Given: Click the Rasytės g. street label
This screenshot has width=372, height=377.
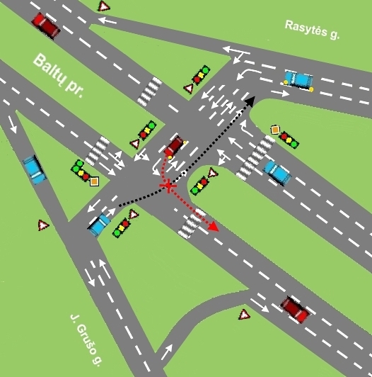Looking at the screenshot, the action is pyautogui.click(x=312, y=30).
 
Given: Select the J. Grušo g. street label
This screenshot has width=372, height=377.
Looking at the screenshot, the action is pyautogui.click(x=86, y=339).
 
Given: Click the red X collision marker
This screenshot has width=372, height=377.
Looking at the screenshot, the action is pyautogui.click(x=169, y=186).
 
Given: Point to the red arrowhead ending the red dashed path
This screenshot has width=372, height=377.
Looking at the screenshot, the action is pyautogui.click(x=214, y=227).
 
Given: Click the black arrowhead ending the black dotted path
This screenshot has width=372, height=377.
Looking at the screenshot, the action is pyautogui.click(x=250, y=101).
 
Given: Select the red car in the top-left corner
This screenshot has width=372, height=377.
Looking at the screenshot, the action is pyautogui.click(x=46, y=26).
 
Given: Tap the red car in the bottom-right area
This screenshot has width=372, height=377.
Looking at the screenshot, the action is pyautogui.click(x=296, y=310).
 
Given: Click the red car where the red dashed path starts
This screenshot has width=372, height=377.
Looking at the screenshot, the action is pyautogui.click(x=174, y=146).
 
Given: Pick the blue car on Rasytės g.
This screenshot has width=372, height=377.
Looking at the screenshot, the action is pyautogui.click(x=298, y=79).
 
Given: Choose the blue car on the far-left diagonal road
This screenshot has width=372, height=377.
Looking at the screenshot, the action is pyautogui.click(x=35, y=169).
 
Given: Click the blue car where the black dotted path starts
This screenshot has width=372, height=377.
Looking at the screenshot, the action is pyautogui.click(x=98, y=225).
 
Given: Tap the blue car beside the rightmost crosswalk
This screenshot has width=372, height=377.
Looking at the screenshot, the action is pyautogui.click(x=277, y=172).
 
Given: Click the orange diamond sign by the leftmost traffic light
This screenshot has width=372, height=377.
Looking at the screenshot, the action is pyautogui.click(x=94, y=181).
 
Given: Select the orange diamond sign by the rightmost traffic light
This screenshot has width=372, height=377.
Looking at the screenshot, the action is pyautogui.click(x=275, y=130).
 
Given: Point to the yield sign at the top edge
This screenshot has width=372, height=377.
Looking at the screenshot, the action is pyautogui.click(x=103, y=6).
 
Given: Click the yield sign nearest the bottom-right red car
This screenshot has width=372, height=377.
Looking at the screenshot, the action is pyautogui.click(x=244, y=314).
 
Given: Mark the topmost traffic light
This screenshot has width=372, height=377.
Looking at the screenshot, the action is pyautogui.click(x=201, y=74).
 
